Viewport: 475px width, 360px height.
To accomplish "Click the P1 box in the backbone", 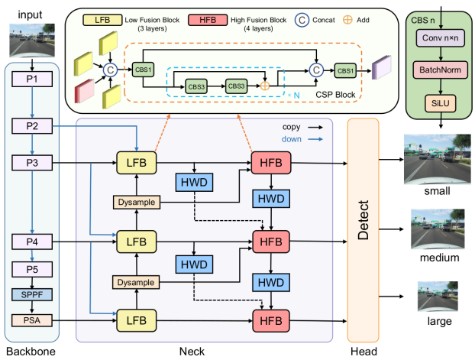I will tap(31, 79).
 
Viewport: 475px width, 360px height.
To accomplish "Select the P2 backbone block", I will tap(31, 124).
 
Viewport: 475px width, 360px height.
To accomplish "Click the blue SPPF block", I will tap(31, 294).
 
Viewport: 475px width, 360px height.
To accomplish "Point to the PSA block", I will tap(31, 319).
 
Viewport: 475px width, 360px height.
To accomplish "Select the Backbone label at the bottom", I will tap(30, 352).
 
